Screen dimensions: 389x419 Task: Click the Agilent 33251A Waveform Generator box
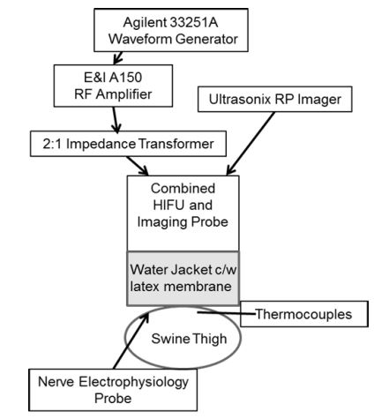click(171, 30)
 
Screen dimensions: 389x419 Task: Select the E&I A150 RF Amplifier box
click(113, 86)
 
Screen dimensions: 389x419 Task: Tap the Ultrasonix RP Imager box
click(275, 99)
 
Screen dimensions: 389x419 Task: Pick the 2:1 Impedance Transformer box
click(128, 144)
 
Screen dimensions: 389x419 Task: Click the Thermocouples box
click(304, 314)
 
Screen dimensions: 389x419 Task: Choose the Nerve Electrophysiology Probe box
click(113, 390)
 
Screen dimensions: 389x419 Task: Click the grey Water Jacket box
click(183, 279)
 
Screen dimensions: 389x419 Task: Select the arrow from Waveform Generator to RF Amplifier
click(117, 57)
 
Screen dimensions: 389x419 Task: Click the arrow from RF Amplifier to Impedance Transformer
click(116, 120)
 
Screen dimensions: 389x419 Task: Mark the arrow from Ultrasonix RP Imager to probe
click(251, 144)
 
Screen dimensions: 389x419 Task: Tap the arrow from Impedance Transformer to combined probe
click(138, 166)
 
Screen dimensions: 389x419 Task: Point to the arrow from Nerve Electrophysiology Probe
click(131, 340)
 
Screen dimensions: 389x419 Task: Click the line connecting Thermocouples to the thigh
click(226, 313)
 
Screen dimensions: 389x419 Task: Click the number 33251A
click(194, 22)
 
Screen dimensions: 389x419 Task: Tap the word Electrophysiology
click(134, 382)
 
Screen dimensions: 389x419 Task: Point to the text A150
click(125, 78)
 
